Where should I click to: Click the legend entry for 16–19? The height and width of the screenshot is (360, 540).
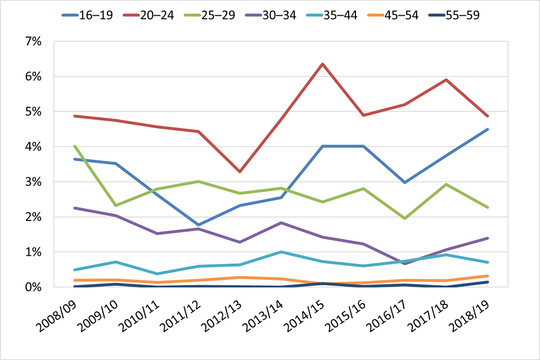[87, 15]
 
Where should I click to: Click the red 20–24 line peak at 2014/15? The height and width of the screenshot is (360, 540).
[322, 64]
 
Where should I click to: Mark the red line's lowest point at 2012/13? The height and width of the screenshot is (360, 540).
[240, 172]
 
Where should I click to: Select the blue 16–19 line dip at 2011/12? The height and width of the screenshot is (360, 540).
[198, 224]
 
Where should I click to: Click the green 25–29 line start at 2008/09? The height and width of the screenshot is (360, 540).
[74, 146]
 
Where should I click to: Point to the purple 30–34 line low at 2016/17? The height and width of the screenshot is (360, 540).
[405, 263]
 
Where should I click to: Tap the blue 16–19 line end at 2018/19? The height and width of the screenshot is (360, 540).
[487, 129]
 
